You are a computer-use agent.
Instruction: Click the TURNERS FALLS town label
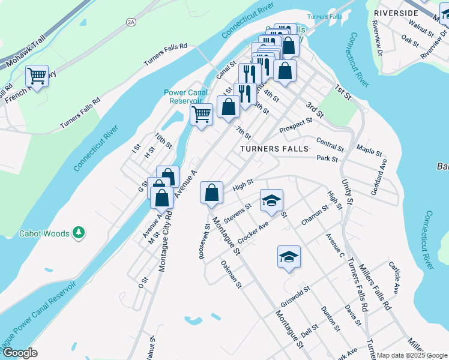click(274, 148)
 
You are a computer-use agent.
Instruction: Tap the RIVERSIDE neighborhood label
click(395, 13)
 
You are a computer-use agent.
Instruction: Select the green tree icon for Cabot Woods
click(78, 232)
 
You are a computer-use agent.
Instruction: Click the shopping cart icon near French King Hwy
click(37, 76)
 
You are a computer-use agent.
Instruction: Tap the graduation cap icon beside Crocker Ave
click(271, 200)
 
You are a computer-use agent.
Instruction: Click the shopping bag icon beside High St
click(211, 193)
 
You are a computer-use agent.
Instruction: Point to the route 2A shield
click(131, 22)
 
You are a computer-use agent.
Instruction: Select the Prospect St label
click(296, 125)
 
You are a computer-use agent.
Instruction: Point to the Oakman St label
click(231, 274)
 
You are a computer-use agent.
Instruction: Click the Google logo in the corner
click(19, 353)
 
